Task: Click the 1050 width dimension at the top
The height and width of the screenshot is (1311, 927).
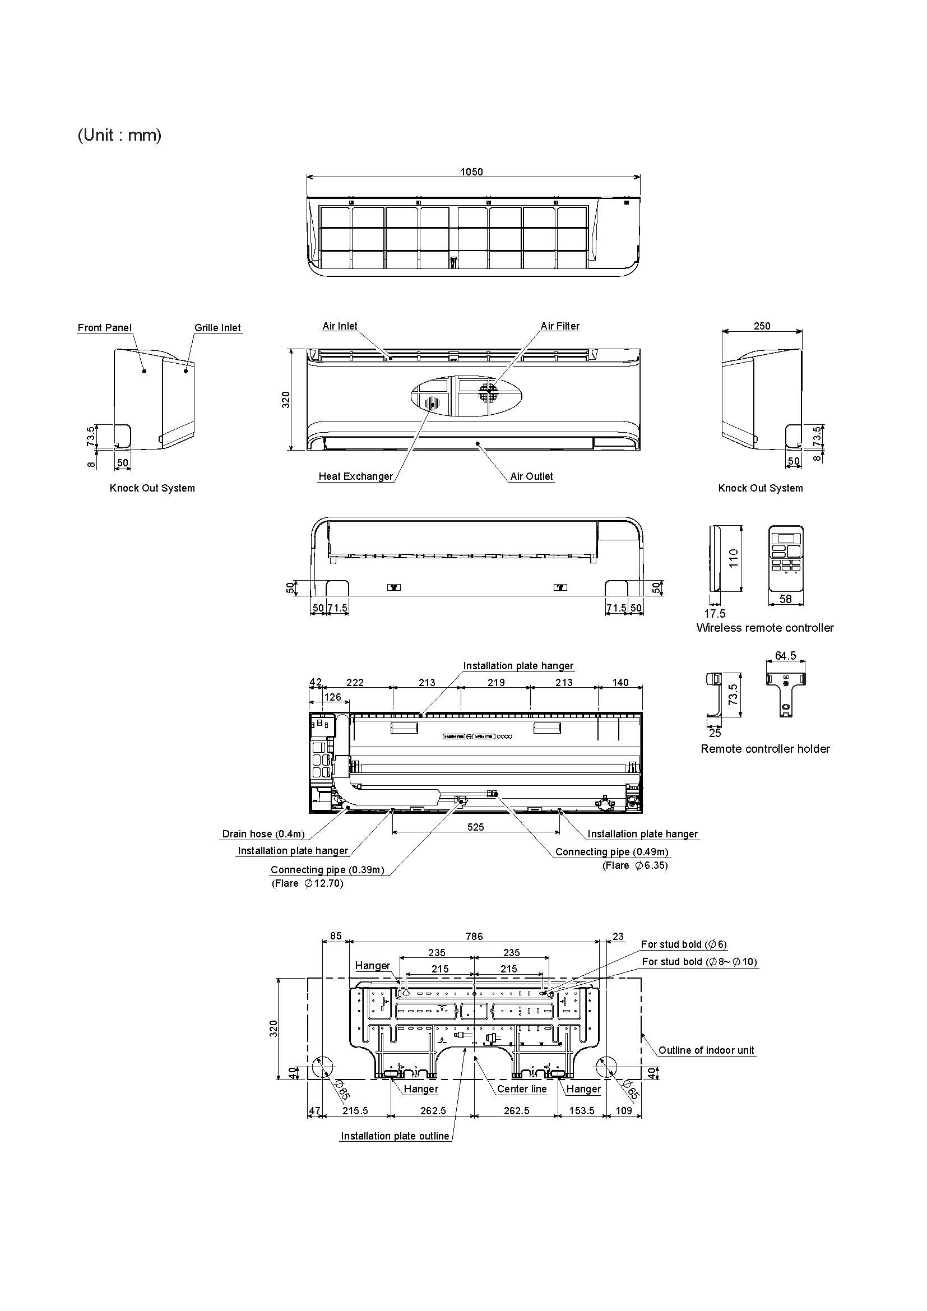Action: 471,172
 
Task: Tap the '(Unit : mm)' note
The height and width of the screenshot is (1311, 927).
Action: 119,135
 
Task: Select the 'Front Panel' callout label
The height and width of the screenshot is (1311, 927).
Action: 104,327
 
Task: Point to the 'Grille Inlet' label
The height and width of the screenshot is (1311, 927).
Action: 217,327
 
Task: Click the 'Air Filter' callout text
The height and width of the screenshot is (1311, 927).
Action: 559,326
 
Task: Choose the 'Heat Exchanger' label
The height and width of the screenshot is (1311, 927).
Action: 356,476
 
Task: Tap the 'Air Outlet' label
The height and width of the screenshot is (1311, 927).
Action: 531,476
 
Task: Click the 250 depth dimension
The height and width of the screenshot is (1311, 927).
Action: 762,326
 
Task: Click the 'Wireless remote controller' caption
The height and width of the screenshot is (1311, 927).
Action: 765,628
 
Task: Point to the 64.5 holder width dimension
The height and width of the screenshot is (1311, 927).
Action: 785,656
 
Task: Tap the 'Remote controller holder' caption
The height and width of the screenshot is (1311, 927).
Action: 765,749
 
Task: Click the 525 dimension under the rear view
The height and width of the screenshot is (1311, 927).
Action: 475,827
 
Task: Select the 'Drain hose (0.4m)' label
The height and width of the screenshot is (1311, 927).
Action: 263,833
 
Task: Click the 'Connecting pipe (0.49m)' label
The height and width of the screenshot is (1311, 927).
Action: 611,851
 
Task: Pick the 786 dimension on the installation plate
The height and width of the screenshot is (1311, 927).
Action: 474,936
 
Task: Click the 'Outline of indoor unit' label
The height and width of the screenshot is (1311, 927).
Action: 706,1049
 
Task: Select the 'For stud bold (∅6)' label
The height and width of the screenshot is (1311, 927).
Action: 684,944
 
